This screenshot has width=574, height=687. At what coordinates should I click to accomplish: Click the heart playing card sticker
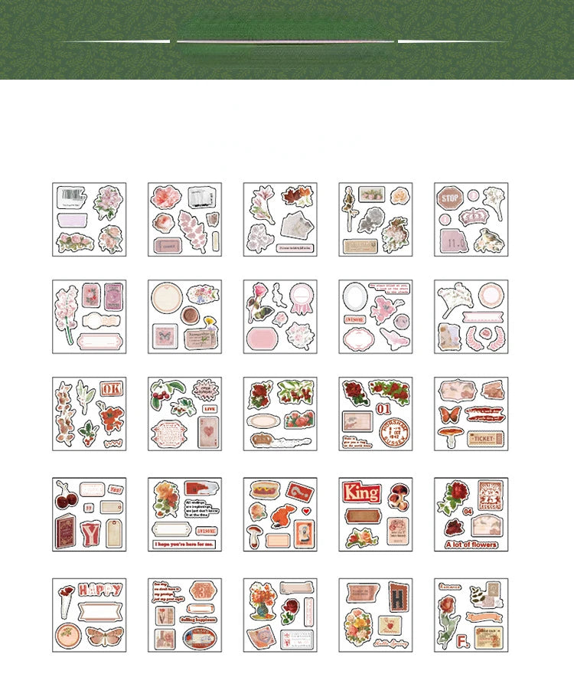click(208, 433)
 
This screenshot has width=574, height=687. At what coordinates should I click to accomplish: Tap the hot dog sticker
click(263, 490)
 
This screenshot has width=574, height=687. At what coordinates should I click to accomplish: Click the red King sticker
click(362, 492)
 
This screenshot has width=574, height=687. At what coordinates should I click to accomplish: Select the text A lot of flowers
click(471, 545)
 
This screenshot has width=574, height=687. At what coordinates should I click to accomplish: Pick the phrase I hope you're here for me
click(184, 545)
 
